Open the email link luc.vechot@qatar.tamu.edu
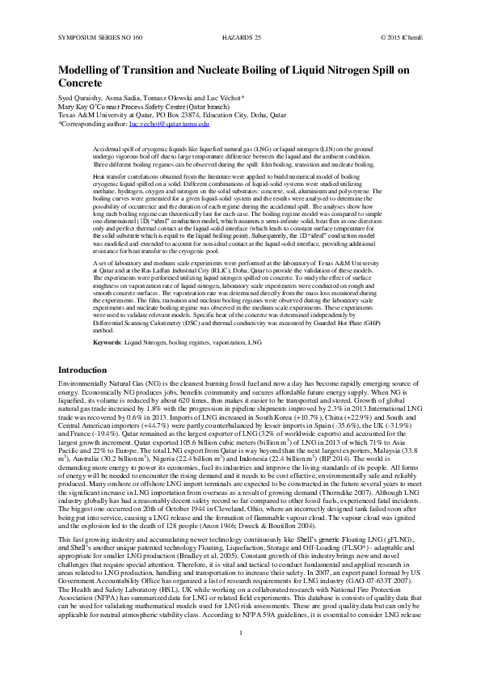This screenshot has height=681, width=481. coord(169,124)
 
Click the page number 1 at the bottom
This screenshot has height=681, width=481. coord(241,654)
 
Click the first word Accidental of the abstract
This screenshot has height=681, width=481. coord(109,150)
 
